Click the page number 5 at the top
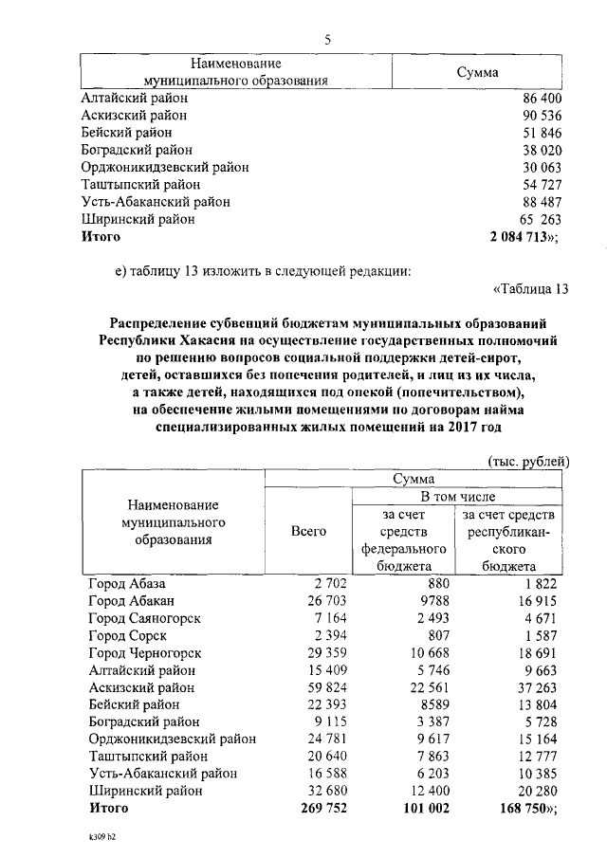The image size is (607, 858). click(x=327, y=39)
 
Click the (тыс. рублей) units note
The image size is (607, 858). click(x=528, y=462)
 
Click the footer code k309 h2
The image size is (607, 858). click(x=98, y=839)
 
